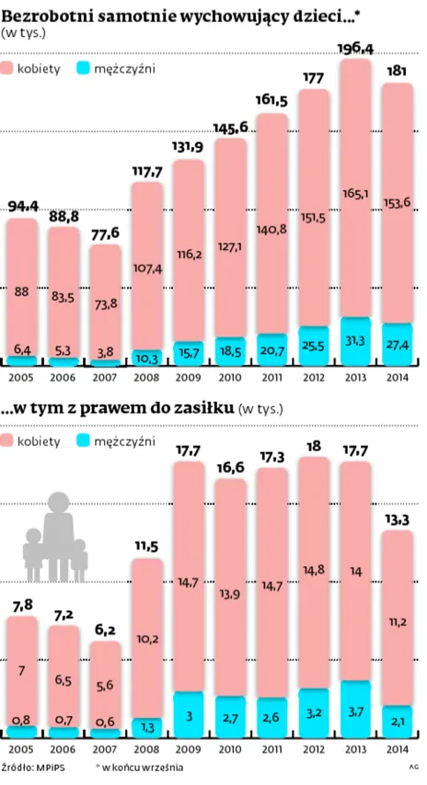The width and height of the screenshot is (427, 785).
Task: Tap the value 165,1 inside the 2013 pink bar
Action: point(355,194)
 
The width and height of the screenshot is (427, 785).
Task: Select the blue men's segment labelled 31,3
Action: point(355,341)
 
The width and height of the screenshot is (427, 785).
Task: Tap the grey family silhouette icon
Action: point(55,533)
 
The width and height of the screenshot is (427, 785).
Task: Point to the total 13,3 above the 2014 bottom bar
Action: point(397,521)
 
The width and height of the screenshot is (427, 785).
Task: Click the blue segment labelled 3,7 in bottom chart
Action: point(355,709)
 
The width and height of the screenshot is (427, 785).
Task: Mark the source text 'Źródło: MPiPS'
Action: point(31,767)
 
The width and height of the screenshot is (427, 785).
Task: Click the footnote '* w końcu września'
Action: point(127,767)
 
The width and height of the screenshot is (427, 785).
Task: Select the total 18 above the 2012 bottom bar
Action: point(314,447)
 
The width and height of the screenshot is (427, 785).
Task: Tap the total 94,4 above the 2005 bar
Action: point(23,206)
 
